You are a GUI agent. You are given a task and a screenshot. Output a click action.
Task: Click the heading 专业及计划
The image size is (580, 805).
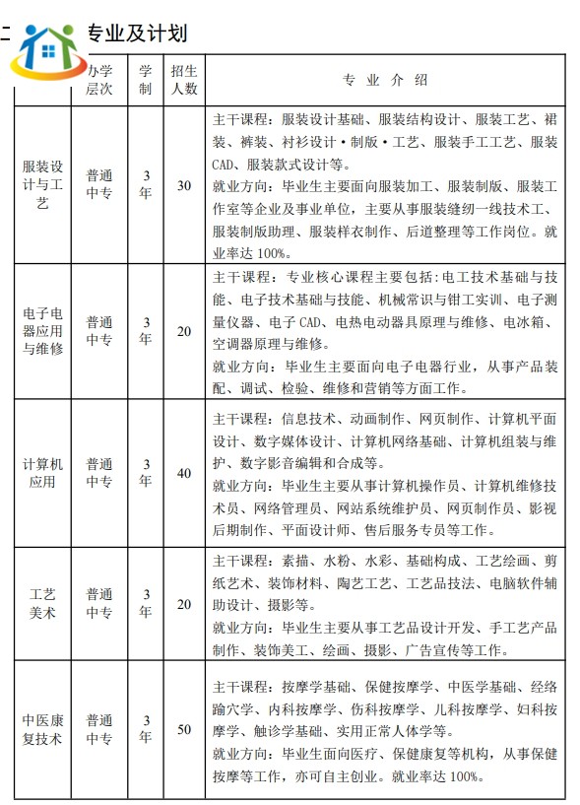137,33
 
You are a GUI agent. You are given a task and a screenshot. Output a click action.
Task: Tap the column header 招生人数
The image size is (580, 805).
183,80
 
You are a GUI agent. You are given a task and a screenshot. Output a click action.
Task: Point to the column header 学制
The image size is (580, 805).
145,80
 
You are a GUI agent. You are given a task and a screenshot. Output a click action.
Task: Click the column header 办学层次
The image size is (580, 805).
98,80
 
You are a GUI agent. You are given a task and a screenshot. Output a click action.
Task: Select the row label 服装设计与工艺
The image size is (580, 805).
42,184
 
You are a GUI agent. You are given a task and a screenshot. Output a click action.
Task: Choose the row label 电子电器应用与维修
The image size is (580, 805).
42,331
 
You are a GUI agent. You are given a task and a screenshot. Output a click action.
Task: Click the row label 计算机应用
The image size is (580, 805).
42,473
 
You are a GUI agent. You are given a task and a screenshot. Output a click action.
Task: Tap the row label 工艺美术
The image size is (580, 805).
42,604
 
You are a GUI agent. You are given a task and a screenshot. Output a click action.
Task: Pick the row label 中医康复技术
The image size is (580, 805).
42,729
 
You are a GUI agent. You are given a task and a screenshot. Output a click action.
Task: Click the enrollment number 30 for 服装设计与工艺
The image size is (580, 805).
183,184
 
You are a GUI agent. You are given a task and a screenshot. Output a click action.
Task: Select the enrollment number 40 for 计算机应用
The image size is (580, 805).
183,473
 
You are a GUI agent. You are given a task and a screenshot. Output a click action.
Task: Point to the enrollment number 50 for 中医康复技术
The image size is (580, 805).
183,729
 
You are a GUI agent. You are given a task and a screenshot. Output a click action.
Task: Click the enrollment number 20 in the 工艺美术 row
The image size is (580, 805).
183,604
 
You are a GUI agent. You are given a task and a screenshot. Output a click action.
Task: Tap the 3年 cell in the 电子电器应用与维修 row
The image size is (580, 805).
145,331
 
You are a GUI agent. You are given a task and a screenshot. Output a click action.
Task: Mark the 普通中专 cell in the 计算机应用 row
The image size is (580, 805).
98,473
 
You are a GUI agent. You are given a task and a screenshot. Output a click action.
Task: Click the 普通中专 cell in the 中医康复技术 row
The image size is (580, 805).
98,729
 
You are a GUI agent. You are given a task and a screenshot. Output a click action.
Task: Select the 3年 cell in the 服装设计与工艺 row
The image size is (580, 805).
145,184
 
